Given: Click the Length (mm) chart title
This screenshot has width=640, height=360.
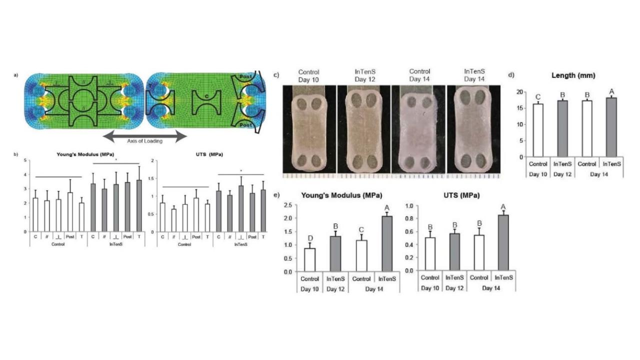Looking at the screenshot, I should pyautogui.click(x=573, y=75).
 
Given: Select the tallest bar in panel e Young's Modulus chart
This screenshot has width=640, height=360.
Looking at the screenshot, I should pyautogui.click(x=387, y=243).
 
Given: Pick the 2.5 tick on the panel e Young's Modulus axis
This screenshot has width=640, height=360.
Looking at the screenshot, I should pyautogui.click(x=287, y=205).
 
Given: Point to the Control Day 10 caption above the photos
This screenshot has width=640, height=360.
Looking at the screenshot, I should pyautogui.click(x=308, y=75).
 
